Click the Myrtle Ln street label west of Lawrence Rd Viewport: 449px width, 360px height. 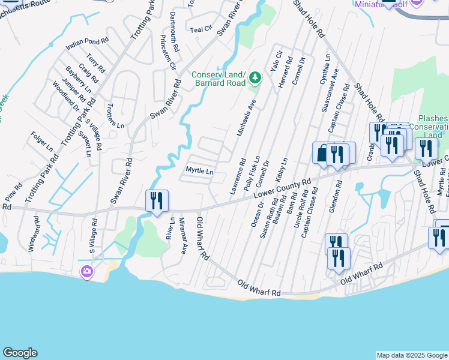click(199, 171)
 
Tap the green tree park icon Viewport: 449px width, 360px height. click(255, 77)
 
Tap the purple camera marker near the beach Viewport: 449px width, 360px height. click(87, 273)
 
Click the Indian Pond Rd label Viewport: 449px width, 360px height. click(87, 43)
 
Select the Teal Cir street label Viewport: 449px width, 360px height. click(201, 29)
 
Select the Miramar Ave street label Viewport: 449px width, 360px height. click(181, 236)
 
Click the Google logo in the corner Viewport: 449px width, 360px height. click(20, 353)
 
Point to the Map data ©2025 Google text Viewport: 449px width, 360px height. click(411, 355)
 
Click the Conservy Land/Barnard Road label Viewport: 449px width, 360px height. click(218, 79)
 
